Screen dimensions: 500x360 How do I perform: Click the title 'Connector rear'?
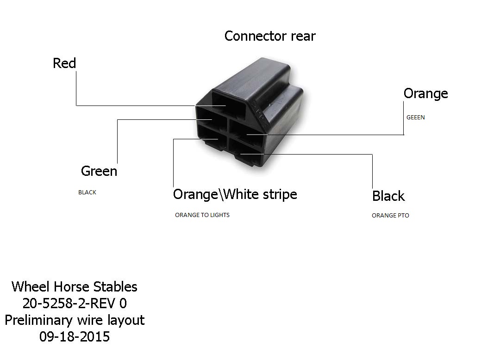(270, 36)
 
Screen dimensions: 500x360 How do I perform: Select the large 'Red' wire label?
(64, 63)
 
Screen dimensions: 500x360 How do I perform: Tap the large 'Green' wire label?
(99, 171)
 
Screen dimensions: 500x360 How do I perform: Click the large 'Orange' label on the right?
(426, 94)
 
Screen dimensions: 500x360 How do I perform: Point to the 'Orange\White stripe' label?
(235, 194)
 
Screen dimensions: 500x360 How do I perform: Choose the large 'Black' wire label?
(388, 196)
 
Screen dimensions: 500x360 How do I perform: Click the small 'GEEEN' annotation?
(415, 117)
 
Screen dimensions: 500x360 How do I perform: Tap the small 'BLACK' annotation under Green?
(87, 192)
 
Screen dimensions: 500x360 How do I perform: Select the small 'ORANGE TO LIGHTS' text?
(202, 215)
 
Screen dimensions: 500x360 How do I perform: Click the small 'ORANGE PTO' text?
(390, 215)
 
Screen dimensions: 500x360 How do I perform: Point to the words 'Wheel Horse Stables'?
(74, 287)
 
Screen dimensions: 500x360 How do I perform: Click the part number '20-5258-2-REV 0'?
(75, 303)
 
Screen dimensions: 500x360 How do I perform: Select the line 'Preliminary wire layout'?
(75, 320)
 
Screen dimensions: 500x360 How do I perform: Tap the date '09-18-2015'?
(75, 337)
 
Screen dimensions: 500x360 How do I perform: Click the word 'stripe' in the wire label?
(279, 195)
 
